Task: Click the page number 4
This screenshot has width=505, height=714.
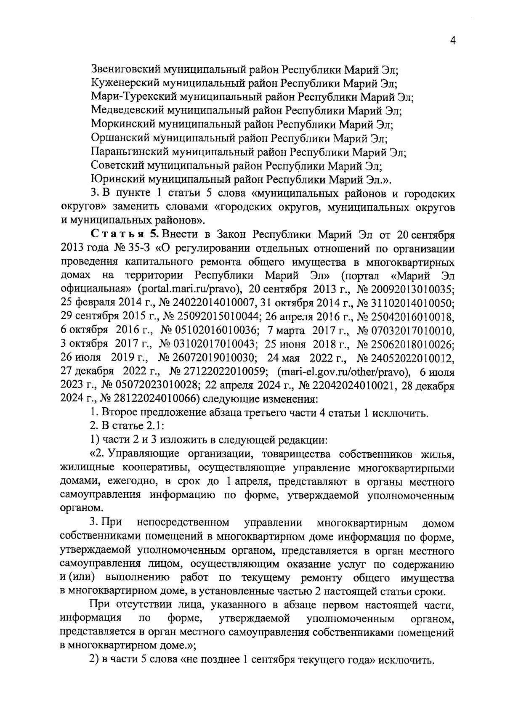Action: point(453,40)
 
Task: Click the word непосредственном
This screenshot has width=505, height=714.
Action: point(183,523)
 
